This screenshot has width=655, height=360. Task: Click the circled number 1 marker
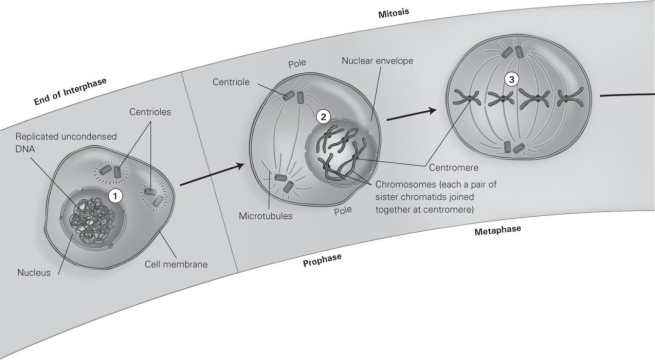pos(116,196)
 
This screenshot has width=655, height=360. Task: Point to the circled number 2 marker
pos(323,116)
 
